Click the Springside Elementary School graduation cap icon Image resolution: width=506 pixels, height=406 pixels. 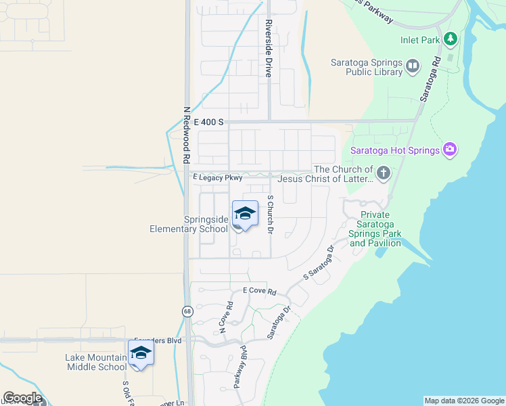[245, 215]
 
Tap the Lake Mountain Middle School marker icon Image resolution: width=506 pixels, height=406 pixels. [141, 353]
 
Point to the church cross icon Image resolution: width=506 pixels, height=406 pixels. [383, 174]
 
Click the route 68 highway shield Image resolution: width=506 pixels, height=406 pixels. [186, 311]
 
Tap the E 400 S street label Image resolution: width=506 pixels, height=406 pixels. [209, 122]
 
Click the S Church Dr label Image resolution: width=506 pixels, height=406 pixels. [270, 215]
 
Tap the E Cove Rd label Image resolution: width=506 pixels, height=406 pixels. [260, 292]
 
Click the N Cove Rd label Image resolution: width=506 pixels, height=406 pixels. [225, 317]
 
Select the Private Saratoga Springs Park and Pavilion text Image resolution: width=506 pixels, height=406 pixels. [375, 229]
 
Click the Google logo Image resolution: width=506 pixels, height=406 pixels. [22, 398]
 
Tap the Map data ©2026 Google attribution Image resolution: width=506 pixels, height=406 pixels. [464, 401]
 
